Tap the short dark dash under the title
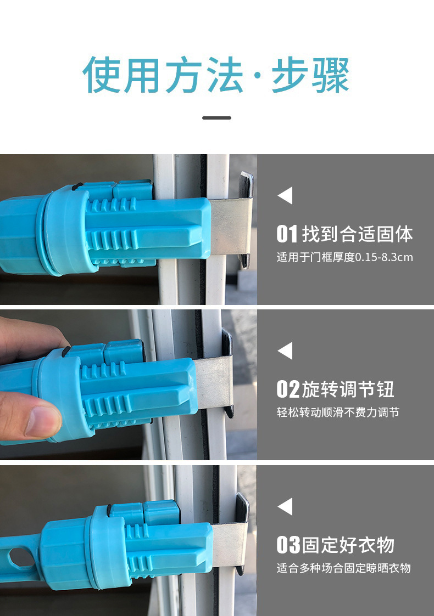click(x=216, y=117)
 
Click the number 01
click(x=286, y=234)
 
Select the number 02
click(x=287, y=389)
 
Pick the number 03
click(x=287, y=545)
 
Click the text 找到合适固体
click(x=357, y=234)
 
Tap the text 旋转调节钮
click(x=348, y=389)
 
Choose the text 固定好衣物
click(x=348, y=545)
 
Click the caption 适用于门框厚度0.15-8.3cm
click(x=344, y=257)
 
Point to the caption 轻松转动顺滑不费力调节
click(x=338, y=412)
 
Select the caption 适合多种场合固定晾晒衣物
click(x=343, y=568)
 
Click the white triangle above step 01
click(x=285, y=196)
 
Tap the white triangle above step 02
click(x=285, y=351)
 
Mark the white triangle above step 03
click(x=285, y=506)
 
